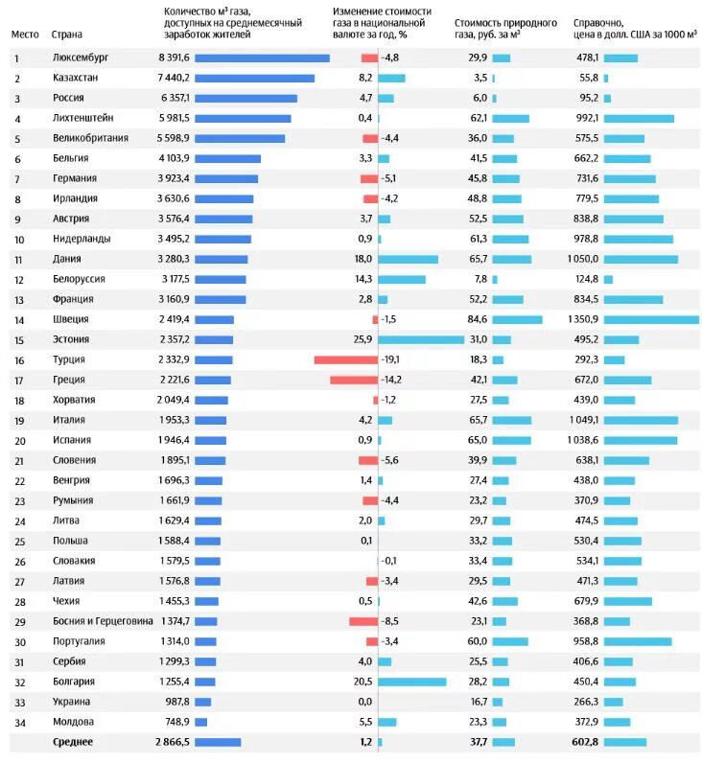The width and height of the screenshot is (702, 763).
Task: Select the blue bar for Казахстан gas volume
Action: click(x=254, y=78)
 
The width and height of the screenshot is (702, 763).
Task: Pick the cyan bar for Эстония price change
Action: click(x=421, y=339)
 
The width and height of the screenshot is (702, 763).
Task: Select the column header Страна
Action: click(x=65, y=34)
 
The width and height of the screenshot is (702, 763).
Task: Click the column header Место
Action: click(x=25, y=34)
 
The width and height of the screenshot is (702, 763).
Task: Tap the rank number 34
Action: click(x=18, y=722)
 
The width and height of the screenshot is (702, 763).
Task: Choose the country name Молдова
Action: click(x=73, y=722)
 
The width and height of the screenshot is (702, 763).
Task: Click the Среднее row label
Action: click(x=73, y=742)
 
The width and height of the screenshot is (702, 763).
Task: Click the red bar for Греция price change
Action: click(x=354, y=380)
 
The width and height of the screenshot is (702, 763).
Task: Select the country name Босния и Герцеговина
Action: click(x=103, y=621)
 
